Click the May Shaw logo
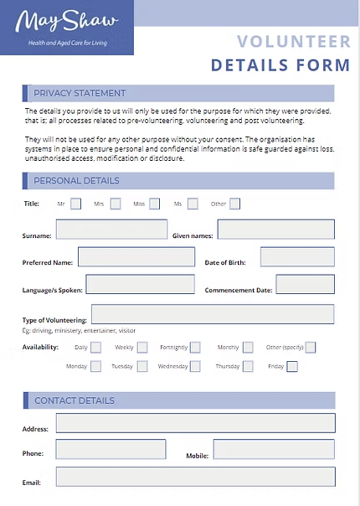coord(67,28)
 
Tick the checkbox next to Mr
coord(76,204)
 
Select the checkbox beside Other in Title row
coord(235,204)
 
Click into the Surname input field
coord(111,230)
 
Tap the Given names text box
coord(275,230)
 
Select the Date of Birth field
coord(297,257)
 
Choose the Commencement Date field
coord(305,285)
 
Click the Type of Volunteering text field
coord(213,314)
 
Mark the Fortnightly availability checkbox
coord(195,347)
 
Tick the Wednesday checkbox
coord(195,366)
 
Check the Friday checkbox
coord(291,366)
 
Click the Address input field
coord(195,423)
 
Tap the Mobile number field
coord(274,450)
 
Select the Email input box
coord(195,478)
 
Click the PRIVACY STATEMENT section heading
coord(80,93)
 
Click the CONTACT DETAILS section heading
coord(75,400)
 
